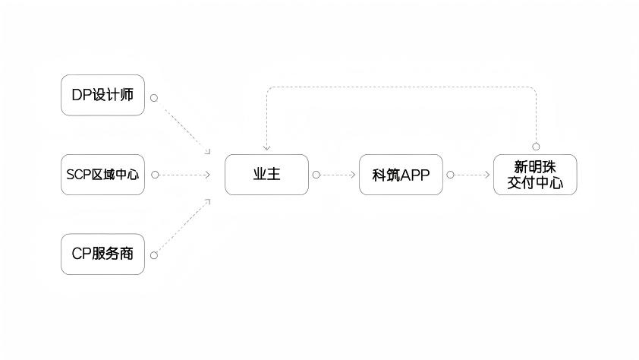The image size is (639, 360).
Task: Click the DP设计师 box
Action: coord(102,96)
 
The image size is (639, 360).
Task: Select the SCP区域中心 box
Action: coord(102,175)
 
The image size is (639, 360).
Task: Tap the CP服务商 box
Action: coord(102,254)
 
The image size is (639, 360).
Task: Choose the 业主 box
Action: coord(266,175)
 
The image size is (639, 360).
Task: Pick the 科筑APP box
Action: coord(401,175)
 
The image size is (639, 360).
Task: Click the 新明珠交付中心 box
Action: coord(535,175)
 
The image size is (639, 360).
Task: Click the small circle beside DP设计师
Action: coord(154,98)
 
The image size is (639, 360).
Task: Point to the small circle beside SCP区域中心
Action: coord(155,175)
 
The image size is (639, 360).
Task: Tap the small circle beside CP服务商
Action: coord(154,255)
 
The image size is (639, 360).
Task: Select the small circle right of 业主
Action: coord(316,175)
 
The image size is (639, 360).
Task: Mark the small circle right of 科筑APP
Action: coord(450,175)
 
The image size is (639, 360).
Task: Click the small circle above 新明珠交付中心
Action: coord(535,147)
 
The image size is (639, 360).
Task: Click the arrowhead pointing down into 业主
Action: coord(266,148)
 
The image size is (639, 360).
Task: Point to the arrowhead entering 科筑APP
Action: coord(353,175)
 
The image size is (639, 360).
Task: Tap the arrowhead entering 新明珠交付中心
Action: coord(487,175)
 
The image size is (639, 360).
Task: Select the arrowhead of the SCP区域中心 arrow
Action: coord(207,175)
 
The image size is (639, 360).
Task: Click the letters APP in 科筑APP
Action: coord(415,175)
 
